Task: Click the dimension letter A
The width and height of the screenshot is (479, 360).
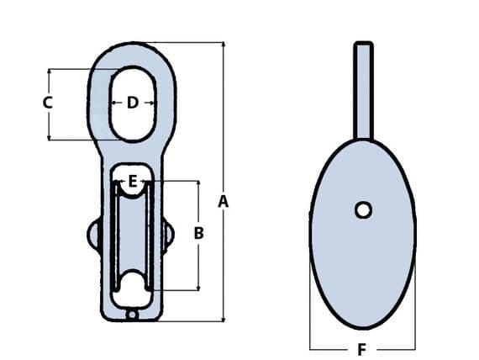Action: pyautogui.click(x=223, y=201)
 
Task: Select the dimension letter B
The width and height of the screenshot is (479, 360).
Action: pyautogui.click(x=198, y=233)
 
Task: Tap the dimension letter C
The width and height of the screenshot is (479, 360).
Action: pyautogui.click(x=48, y=103)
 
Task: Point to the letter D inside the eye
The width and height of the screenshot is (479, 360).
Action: pyautogui.click(x=133, y=103)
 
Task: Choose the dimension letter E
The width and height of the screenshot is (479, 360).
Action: pyautogui.click(x=132, y=180)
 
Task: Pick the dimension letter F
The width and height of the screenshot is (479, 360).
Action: pyautogui.click(x=362, y=348)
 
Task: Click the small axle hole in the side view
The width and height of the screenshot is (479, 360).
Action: pyautogui.click(x=363, y=209)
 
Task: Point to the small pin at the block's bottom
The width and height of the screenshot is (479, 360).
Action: pyautogui.click(x=132, y=315)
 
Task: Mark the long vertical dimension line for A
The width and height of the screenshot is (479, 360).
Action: pyautogui.click(x=223, y=126)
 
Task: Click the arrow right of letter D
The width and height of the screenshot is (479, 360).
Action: pyautogui.click(x=149, y=103)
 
